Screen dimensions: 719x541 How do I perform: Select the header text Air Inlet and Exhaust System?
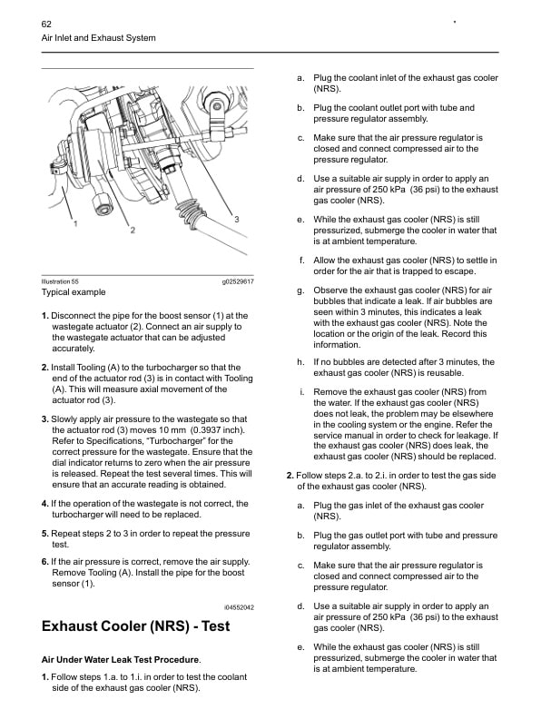coord(99,38)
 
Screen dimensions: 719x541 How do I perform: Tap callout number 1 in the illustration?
coord(74,221)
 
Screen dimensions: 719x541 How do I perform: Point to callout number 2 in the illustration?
coord(133,231)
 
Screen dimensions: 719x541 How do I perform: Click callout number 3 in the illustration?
coord(236,221)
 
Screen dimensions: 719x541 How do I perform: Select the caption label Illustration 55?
coord(60,282)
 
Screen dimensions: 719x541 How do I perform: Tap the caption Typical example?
coord(74,293)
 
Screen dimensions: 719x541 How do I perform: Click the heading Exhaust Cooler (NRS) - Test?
coord(136,626)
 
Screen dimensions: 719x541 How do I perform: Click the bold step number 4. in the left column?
coord(45,503)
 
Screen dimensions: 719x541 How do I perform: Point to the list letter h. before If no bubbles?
coord(300,361)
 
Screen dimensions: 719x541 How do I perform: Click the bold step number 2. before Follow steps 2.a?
coord(290,476)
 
